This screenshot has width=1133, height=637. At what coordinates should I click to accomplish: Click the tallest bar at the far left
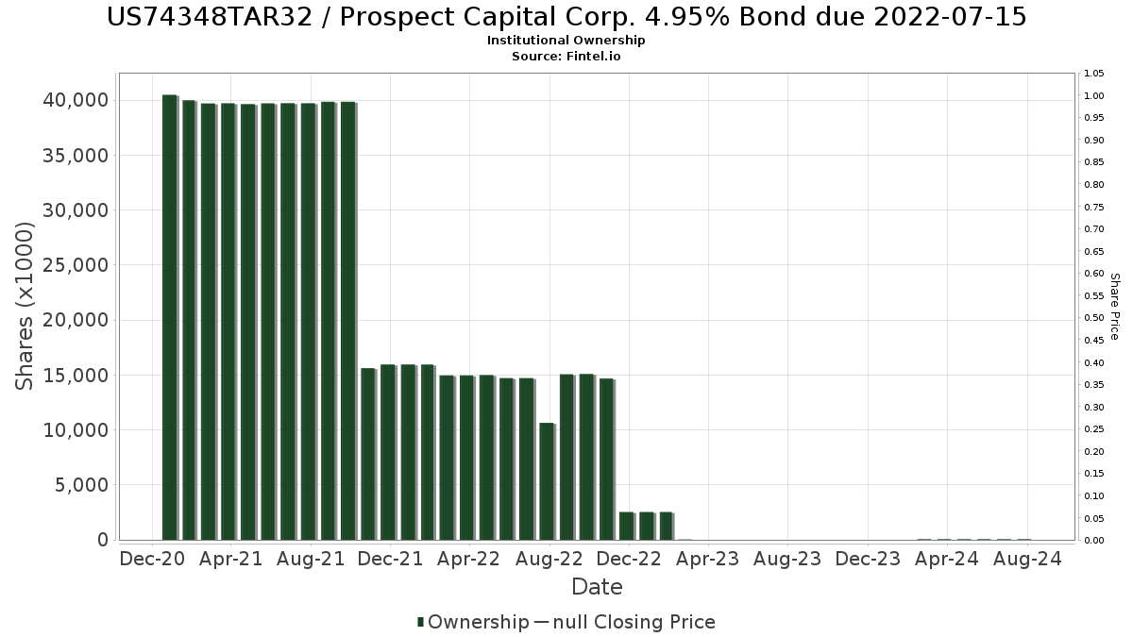pos(169,317)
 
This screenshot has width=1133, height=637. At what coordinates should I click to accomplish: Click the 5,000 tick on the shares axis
pos(81,485)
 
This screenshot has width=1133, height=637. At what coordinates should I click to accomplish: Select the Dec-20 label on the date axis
pos(152,559)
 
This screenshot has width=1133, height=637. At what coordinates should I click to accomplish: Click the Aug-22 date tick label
pos(550,559)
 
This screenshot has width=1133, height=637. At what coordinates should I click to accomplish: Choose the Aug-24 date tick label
pos(1027,559)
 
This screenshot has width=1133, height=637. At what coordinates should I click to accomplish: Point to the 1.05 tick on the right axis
pos(1094,74)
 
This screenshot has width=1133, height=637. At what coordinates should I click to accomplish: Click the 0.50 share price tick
pos(1094,318)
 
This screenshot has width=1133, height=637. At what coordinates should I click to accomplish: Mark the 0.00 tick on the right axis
pos(1094,541)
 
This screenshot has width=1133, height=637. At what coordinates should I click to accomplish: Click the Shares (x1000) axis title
pos(25,306)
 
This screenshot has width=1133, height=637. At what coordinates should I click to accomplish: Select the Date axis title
pos(597,587)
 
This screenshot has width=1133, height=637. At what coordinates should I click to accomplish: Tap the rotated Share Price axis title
pos(1114,306)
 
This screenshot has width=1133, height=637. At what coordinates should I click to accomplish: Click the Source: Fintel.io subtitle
pos(566,56)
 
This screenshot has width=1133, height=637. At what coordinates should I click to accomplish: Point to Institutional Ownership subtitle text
pos(566,41)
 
